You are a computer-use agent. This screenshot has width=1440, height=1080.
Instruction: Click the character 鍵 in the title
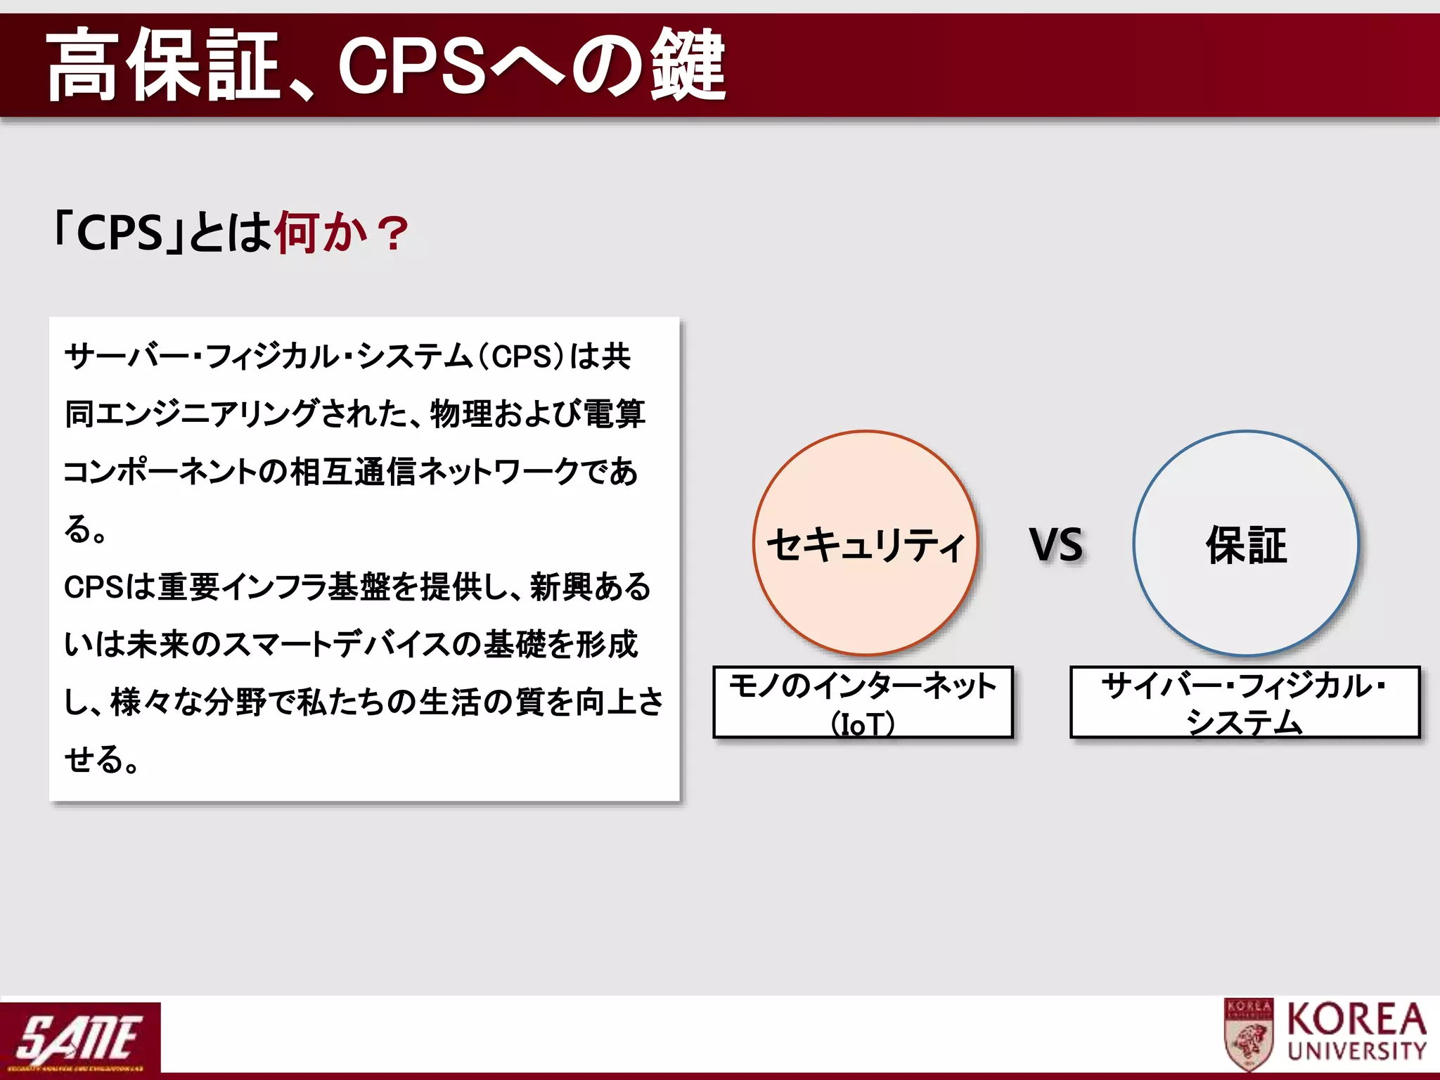(687, 65)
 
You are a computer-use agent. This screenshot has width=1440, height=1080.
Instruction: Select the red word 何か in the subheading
(321, 232)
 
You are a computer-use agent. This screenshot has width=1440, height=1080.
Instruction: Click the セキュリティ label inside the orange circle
(866, 545)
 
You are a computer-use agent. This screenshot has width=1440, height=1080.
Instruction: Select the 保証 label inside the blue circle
(1246, 545)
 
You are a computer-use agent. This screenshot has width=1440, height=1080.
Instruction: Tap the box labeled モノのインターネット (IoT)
(863, 702)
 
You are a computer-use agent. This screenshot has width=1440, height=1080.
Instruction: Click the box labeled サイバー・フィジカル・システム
(1245, 702)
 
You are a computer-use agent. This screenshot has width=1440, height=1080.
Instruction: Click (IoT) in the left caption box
(863, 724)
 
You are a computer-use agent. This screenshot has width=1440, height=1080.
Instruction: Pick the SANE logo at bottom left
(79, 1039)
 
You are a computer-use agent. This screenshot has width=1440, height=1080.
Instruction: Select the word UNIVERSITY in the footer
(1356, 1051)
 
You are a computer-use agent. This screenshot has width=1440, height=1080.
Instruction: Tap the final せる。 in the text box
(102, 760)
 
